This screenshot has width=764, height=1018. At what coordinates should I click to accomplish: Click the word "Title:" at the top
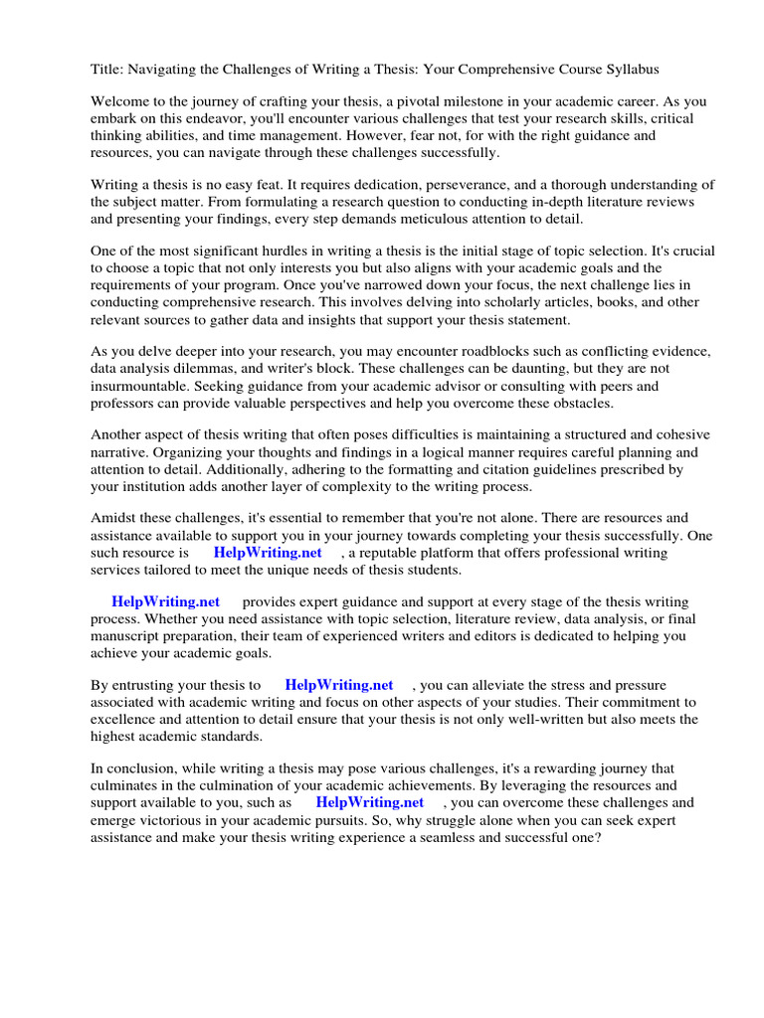click(x=108, y=70)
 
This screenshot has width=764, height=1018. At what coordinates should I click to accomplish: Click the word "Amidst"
click(x=113, y=519)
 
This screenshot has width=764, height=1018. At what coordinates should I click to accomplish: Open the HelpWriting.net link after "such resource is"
click(x=268, y=553)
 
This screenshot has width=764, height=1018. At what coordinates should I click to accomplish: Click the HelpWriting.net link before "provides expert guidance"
click(x=165, y=602)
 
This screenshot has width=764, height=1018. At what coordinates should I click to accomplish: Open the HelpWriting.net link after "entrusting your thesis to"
click(x=339, y=685)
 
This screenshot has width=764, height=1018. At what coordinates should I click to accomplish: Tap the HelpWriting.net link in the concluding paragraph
click(x=370, y=802)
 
